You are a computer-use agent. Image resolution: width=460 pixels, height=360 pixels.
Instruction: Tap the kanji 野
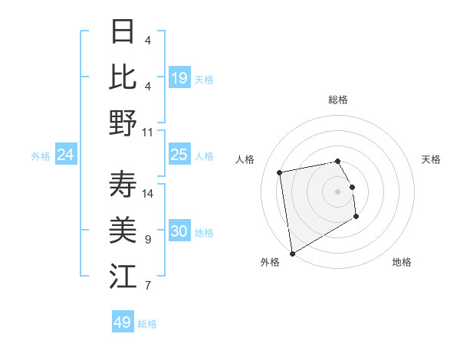pos(123,122)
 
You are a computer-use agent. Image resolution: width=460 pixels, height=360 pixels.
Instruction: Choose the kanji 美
pos(123,229)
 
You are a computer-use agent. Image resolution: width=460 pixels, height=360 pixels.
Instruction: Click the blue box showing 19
pos(179,78)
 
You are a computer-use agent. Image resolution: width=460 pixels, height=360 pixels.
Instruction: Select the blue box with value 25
pos(179,155)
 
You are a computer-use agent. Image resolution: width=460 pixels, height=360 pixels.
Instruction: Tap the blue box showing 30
pos(179,232)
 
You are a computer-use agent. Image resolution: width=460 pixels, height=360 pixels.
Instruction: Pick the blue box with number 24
pos(66,155)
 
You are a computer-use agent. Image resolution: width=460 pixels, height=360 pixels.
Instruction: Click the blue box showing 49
pos(123,322)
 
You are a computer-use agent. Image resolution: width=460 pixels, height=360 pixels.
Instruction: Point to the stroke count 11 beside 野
pos(148,132)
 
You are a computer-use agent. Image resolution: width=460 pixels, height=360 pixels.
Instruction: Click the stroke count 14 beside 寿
pos(148,193)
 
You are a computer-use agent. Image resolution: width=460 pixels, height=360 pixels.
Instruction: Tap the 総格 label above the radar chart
pos(338,100)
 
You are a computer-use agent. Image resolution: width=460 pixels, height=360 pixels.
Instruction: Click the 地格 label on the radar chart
pos(402,262)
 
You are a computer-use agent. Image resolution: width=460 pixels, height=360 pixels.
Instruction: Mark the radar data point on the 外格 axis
pos(292,254)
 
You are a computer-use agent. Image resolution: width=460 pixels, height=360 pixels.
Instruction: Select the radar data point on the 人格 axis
pos(280,172)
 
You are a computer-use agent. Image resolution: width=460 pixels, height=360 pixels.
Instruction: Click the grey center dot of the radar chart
pos(338,191)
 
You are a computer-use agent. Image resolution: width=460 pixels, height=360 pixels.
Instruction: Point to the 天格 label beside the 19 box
pos(204,79)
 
